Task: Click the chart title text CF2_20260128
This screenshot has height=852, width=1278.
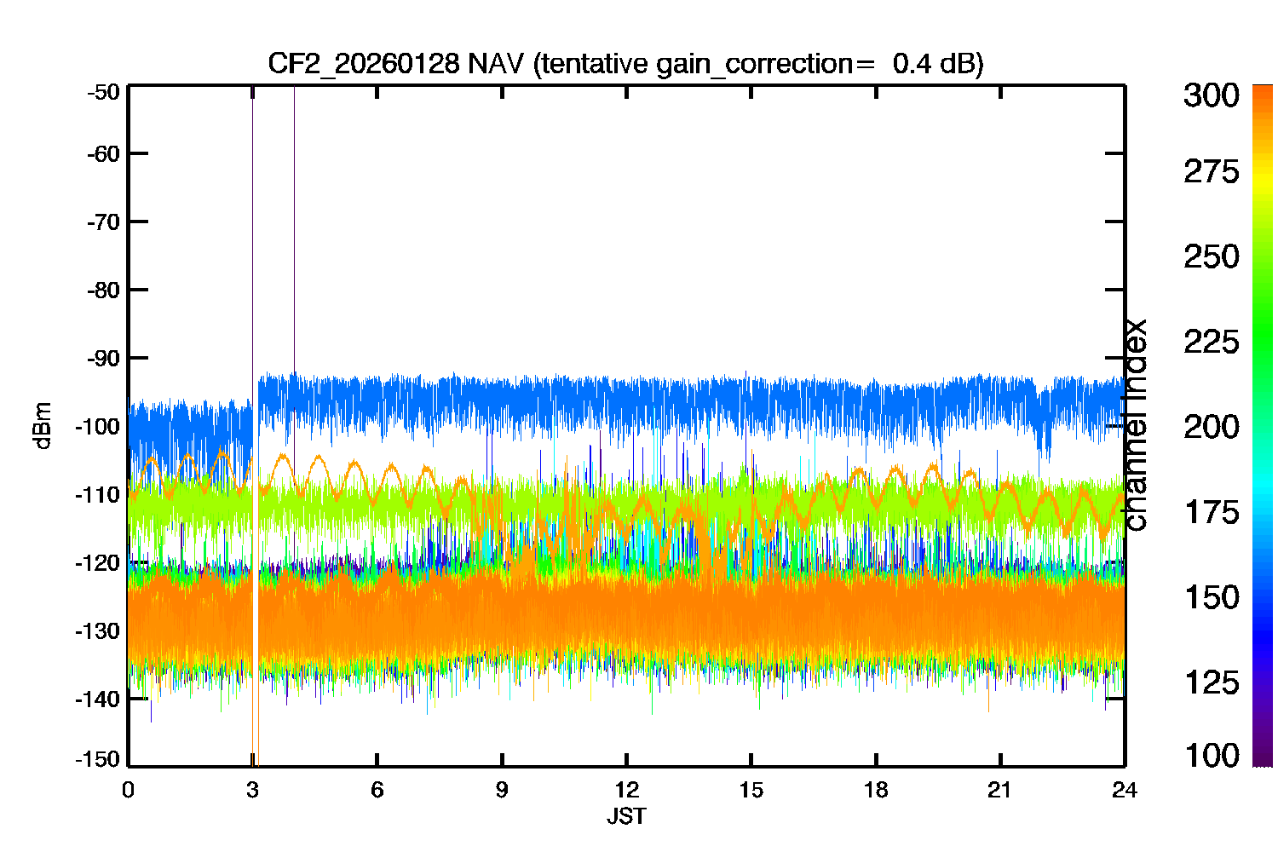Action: click(363, 63)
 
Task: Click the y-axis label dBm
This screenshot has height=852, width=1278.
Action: click(43, 426)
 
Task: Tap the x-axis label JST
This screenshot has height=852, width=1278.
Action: click(626, 816)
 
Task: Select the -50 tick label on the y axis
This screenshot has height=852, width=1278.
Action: click(103, 92)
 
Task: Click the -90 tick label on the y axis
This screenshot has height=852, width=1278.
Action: click(103, 359)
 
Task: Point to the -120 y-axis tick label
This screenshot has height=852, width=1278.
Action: click(98, 563)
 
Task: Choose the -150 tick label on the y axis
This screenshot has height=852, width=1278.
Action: click(98, 759)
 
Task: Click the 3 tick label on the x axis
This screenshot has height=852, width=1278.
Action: click(252, 791)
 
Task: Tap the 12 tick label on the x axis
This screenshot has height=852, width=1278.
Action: click(626, 791)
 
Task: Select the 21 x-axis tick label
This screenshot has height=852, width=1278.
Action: click(999, 791)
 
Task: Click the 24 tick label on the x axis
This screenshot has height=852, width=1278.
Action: click(1125, 791)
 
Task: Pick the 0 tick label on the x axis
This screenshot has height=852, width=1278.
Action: click(128, 791)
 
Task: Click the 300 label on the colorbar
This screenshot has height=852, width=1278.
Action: click(1212, 95)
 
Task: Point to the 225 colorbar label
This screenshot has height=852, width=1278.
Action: click(1212, 343)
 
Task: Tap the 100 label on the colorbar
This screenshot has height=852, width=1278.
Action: click(1212, 756)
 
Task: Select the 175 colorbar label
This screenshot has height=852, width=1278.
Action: click(1212, 512)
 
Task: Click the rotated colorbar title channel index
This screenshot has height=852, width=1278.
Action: click(1136, 424)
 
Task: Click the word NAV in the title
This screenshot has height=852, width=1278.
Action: click(495, 63)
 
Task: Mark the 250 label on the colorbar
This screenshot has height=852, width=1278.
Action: click(1212, 256)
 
